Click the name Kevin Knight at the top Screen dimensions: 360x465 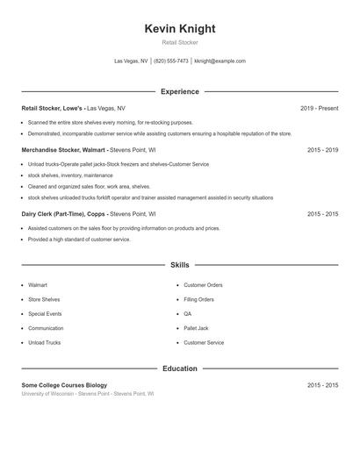pyautogui.click(x=180, y=28)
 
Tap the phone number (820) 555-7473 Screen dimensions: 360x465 pyautogui.click(x=171, y=61)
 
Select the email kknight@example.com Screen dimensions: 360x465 pyautogui.click(x=220, y=61)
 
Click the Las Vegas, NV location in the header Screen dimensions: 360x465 pyautogui.click(x=132, y=61)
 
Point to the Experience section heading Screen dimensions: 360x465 pyautogui.click(x=180, y=91)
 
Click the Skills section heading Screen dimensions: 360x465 pyautogui.click(x=180, y=264)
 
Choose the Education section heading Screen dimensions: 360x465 pyautogui.click(x=180, y=368)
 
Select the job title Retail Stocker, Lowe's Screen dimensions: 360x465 pyautogui.click(x=54, y=108)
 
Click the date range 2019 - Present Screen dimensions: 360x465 pyautogui.click(x=319, y=108)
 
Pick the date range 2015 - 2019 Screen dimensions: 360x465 pyautogui.click(x=322, y=150)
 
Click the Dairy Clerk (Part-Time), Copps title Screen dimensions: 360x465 pyautogui.click(x=63, y=213)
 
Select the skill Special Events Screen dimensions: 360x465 pyautogui.click(x=45, y=313)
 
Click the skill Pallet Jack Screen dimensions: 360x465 pyautogui.click(x=196, y=328)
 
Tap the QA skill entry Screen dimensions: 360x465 pyautogui.click(x=187, y=313)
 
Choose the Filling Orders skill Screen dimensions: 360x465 pyautogui.click(x=198, y=299)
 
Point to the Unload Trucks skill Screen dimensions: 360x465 pyautogui.click(x=45, y=342)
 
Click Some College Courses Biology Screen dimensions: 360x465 pyautogui.click(x=64, y=385)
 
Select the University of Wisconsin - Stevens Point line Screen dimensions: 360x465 pyautogui.click(x=88, y=394)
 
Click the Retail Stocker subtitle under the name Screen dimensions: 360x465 pyautogui.click(x=180, y=43)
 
